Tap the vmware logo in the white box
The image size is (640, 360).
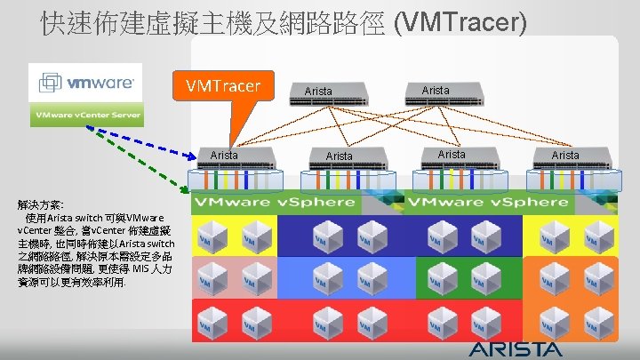tap(86, 82)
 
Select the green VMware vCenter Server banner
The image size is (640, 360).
tap(86, 116)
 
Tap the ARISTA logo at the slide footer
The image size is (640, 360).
tap(516, 348)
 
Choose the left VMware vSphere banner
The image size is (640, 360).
tap(275, 203)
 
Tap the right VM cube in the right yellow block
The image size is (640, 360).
tap(593, 239)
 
